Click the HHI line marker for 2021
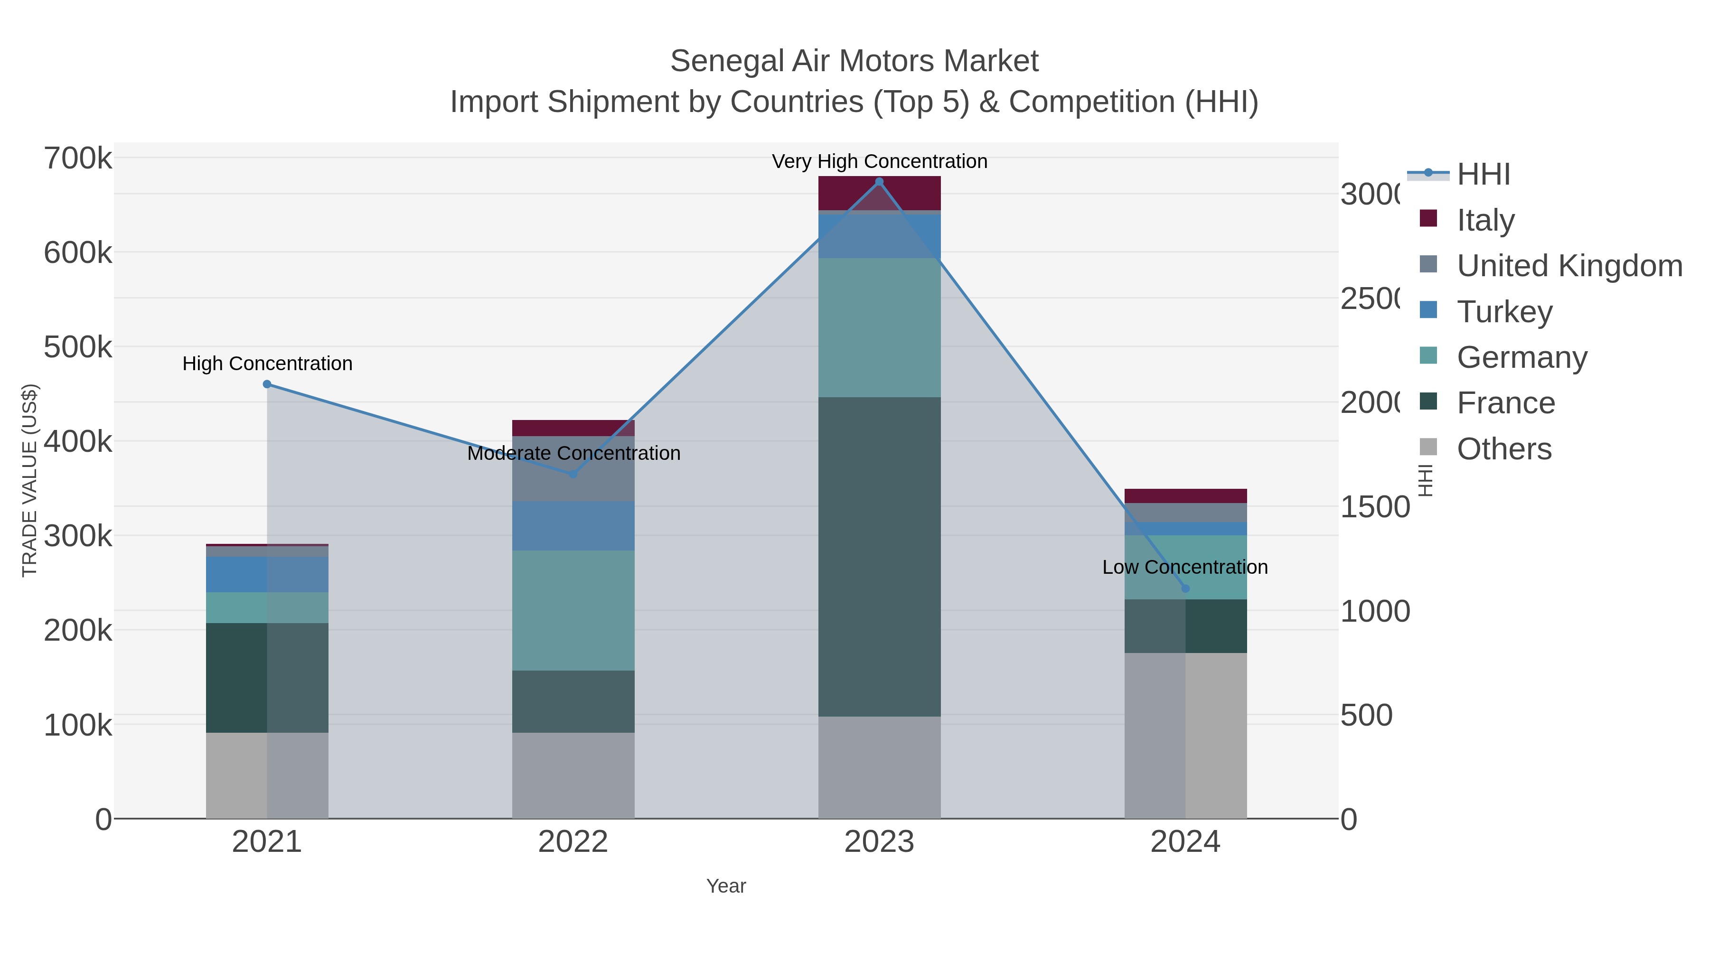(267, 384)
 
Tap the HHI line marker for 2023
(879, 182)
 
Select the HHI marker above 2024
(1185, 588)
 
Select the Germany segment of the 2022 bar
(573, 610)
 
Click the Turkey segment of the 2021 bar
(267, 574)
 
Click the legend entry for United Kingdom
(1569, 265)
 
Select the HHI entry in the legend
(1484, 175)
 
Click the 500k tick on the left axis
(78, 347)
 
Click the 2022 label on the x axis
(573, 842)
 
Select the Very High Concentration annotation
(879, 161)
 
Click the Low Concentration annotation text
(1185, 567)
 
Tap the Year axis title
(726, 886)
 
